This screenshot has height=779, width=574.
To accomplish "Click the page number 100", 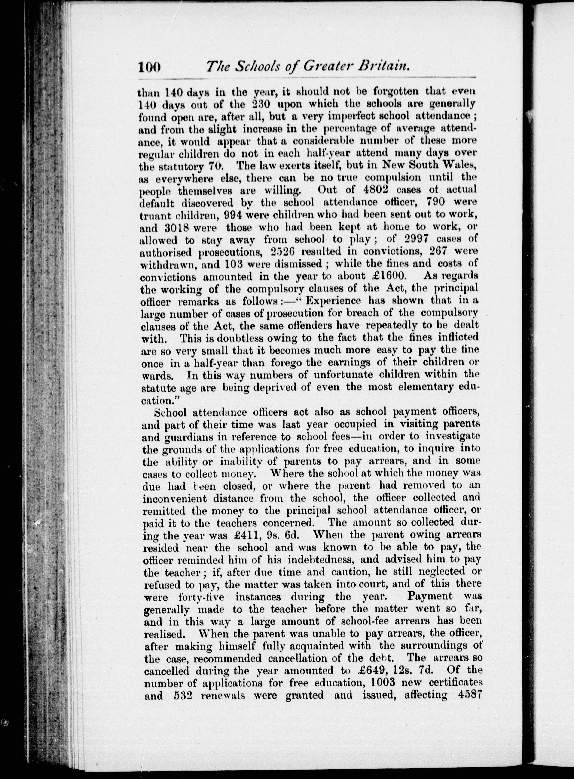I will [149, 66].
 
